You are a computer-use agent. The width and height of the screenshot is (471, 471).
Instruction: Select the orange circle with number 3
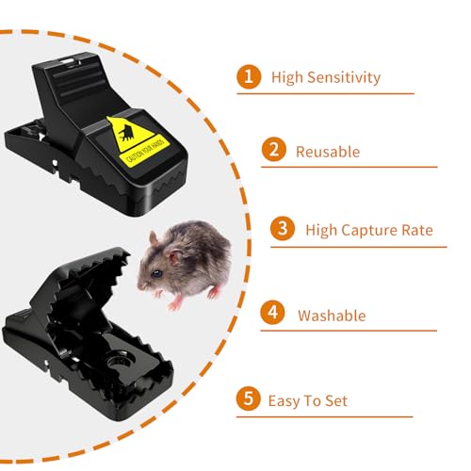(283, 229)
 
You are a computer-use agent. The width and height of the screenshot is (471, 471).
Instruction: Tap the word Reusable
(328, 151)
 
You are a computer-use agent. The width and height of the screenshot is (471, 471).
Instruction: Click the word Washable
(333, 316)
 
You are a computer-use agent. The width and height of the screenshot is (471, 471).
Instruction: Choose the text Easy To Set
(308, 400)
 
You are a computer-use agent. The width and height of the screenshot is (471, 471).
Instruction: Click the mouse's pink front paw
(172, 303)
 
